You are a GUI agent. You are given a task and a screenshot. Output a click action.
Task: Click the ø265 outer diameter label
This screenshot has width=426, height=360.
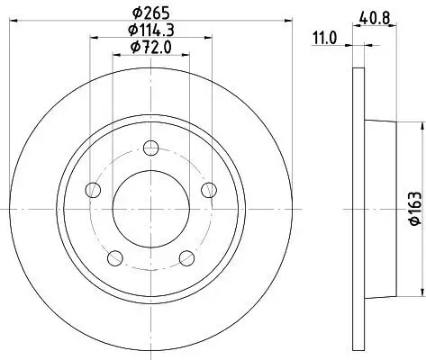point(150,13)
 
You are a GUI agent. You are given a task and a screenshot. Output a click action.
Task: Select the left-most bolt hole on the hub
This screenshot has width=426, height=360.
point(92,190)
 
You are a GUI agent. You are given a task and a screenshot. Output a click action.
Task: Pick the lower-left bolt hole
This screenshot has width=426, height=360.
point(114,258)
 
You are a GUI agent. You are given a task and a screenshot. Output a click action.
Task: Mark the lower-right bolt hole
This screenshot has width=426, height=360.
point(186,258)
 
